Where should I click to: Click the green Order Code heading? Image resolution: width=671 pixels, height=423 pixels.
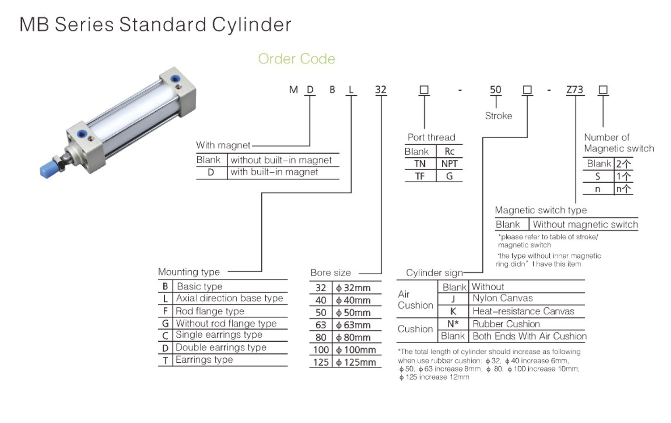[297, 59]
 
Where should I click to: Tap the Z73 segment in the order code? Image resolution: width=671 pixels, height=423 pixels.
[575, 90]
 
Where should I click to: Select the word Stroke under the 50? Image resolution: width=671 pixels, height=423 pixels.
[498, 116]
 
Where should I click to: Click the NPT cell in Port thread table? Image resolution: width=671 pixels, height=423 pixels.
[449, 163]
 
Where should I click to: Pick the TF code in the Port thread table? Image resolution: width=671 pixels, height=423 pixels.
[420, 176]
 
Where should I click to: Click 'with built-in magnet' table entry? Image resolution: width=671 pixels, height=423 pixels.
[274, 172]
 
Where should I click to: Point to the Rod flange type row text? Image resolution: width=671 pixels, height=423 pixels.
[210, 311]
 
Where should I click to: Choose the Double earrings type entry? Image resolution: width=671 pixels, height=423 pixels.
[221, 348]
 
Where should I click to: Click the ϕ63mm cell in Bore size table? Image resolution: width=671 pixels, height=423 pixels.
[353, 325]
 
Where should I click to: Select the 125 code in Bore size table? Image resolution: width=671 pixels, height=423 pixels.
[321, 362]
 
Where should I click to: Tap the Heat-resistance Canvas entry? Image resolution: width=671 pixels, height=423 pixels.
[523, 311]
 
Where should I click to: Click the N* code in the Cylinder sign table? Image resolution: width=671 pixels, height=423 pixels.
[453, 324]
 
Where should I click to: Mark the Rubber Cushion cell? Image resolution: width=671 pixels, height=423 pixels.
[506, 324]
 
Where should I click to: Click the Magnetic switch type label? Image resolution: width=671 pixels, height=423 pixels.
[541, 210]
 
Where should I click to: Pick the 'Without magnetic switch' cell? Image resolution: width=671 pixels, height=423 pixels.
[585, 224]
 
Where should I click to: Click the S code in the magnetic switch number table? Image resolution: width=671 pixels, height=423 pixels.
[598, 176]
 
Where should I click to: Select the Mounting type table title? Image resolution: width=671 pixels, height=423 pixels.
[189, 272]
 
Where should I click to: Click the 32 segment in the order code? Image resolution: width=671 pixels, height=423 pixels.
[381, 90]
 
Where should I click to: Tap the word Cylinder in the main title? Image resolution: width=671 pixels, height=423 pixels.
[251, 25]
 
